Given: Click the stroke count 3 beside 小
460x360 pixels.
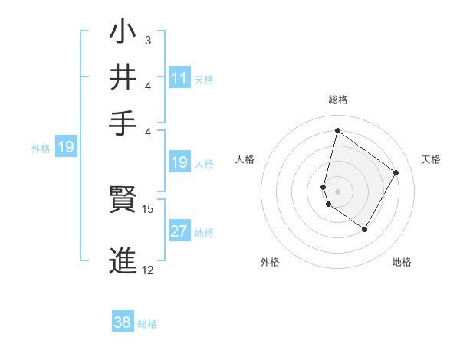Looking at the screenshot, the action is [148, 39].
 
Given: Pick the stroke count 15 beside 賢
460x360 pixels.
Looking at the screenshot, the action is [148, 208].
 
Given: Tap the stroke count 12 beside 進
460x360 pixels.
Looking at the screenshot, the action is [148, 270].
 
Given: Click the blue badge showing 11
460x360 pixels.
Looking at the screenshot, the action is [179, 77].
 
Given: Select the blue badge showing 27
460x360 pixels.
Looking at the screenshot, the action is [179, 232].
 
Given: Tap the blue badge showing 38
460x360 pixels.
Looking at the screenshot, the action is [123, 322].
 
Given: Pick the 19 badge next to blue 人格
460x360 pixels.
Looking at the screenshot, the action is [179, 162].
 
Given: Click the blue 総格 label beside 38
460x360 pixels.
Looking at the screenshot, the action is [147, 324].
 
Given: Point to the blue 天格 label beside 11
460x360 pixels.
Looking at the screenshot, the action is [204, 79].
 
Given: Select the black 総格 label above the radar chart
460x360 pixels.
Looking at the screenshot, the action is [337, 100].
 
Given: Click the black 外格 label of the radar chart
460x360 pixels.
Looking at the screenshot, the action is [270, 262].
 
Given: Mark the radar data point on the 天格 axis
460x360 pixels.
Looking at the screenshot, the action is [396, 172].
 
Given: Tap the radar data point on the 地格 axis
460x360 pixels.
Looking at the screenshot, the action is [365, 229].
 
